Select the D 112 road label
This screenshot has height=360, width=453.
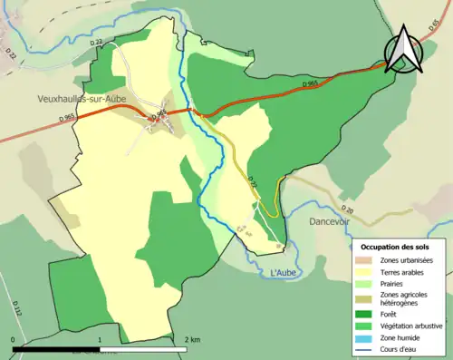(x=17, y=311)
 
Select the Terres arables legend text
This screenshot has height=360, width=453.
(x=404, y=271)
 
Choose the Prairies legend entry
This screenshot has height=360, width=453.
(x=394, y=283)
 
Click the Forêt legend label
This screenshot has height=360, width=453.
(x=390, y=316)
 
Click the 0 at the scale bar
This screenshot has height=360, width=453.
(x=14, y=339)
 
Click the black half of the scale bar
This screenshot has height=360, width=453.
(x=56, y=348)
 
